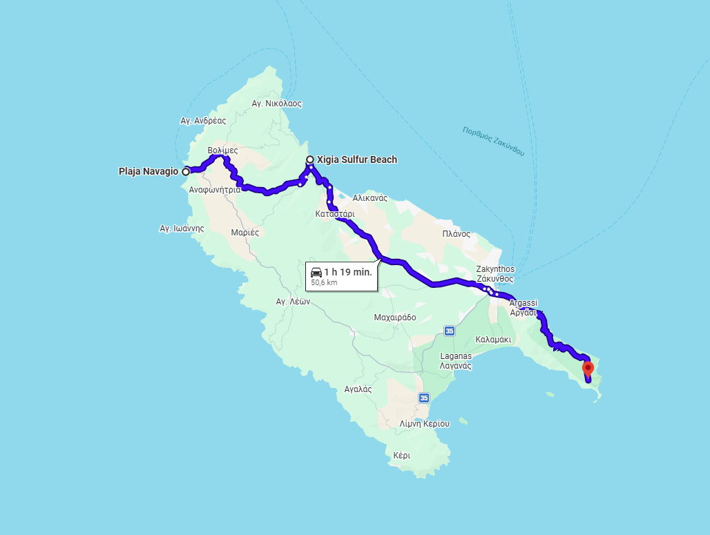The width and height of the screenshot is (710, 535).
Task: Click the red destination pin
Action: (588, 369)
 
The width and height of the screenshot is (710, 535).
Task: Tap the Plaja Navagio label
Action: (148, 171)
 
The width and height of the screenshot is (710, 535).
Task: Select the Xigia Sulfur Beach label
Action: (361, 159)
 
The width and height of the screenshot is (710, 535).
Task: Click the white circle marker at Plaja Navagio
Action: (186, 171)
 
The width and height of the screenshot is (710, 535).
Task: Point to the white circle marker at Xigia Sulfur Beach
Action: (310, 159)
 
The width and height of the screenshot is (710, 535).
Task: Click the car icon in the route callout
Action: (316, 272)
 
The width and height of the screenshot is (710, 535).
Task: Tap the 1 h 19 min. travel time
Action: (348, 272)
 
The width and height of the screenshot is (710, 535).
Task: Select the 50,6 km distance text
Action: (324, 282)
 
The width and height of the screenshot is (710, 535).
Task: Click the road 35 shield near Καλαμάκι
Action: (450, 331)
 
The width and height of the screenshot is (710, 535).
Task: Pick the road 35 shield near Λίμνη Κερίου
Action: (423, 398)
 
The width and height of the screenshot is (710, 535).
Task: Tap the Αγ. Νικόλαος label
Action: (277, 104)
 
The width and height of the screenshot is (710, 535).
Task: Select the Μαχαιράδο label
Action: (395, 318)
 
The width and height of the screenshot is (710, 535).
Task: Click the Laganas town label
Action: (456, 356)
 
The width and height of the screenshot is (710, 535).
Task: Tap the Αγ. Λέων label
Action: (291, 302)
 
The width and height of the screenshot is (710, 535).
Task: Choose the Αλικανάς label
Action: (370, 198)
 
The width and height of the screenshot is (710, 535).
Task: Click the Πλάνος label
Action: (456, 234)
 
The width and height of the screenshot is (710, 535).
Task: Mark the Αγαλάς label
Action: (358, 389)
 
